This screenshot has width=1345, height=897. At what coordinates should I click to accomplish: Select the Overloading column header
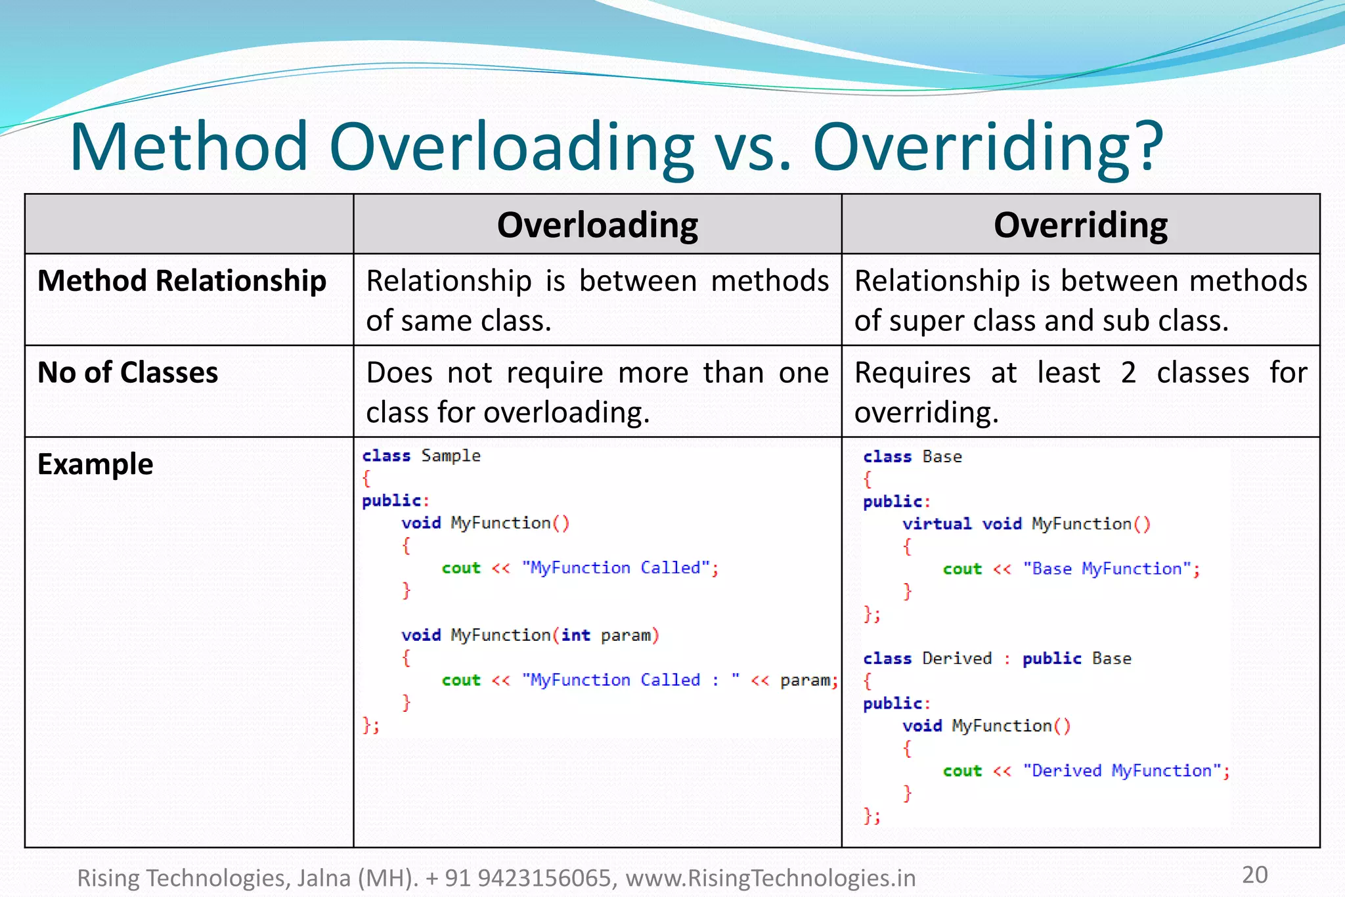tap(597, 225)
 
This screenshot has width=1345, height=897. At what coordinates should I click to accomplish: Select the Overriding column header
tap(1080, 225)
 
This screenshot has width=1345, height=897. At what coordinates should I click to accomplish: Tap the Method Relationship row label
tap(182, 281)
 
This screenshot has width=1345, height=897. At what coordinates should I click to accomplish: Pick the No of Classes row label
tap(127, 372)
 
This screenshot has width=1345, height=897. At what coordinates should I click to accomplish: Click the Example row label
tap(95, 464)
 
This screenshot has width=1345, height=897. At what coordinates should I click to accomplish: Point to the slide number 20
tap(1254, 875)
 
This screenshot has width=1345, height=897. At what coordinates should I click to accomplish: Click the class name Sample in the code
tap(451, 456)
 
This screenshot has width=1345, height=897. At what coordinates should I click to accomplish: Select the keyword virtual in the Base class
tap(937, 524)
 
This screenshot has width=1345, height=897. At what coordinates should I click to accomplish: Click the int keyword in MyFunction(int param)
tap(575, 635)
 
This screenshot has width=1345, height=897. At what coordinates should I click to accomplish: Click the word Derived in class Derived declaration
tap(957, 658)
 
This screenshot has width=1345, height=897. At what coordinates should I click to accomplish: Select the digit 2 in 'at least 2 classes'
tap(1128, 373)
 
